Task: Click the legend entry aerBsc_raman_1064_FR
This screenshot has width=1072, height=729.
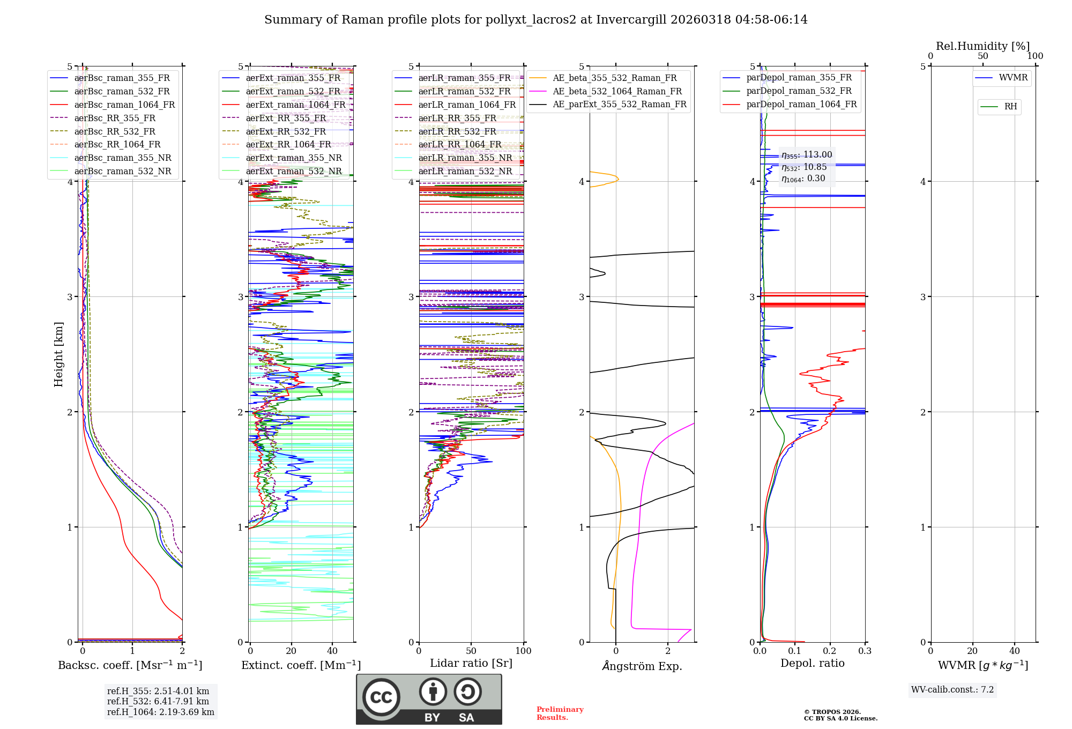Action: click(x=124, y=105)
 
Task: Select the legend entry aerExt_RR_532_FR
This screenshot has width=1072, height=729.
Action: click(x=286, y=131)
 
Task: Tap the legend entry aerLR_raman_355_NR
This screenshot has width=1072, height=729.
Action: click(x=465, y=158)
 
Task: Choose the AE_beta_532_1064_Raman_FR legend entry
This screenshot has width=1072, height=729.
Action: click(x=617, y=91)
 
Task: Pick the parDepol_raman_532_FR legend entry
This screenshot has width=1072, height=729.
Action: click(x=799, y=91)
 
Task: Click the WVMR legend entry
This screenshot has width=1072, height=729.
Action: click(x=1013, y=78)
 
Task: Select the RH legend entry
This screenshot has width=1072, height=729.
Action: click(x=1010, y=107)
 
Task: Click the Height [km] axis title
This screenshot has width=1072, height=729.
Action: click(x=58, y=354)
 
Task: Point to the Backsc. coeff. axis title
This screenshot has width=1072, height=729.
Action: click(x=130, y=665)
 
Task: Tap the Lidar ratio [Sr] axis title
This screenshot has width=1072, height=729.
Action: click(x=471, y=663)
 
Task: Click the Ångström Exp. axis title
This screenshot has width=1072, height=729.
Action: click(x=642, y=666)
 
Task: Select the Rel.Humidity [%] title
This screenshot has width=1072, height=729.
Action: click(x=982, y=46)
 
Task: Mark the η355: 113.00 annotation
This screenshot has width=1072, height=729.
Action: click(x=807, y=155)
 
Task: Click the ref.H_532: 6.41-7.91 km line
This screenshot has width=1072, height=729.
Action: click(x=158, y=701)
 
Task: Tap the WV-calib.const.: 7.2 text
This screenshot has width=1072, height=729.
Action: click(x=952, y=690)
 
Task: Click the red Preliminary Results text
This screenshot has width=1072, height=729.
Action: click(x=560, y=713)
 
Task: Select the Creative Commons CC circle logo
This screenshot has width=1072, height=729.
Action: click(x=381, y=697)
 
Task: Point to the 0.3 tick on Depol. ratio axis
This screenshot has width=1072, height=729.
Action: click(x=865, y=651)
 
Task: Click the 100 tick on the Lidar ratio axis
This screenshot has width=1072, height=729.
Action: click(x=523, y=651)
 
